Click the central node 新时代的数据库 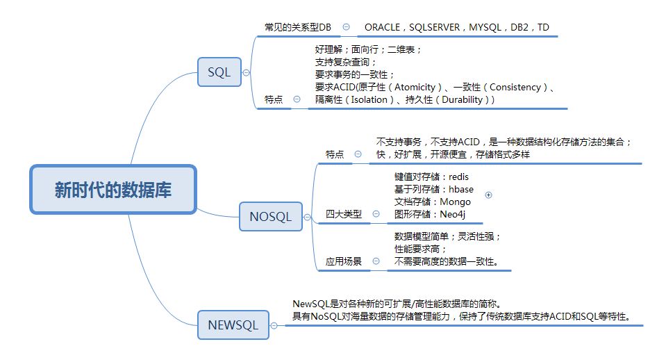(113, 189)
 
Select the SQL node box (219, 72)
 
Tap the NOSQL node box (270, 217)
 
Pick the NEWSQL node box (233, 325)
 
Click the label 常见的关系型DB (298, 27)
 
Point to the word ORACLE (383, 27)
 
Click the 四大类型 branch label (344, 214)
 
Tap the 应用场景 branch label (344, 262)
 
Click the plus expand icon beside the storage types (488, 195)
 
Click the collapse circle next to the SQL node (247, 72)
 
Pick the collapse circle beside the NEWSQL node (274, 325)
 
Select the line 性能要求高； (420, 249)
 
